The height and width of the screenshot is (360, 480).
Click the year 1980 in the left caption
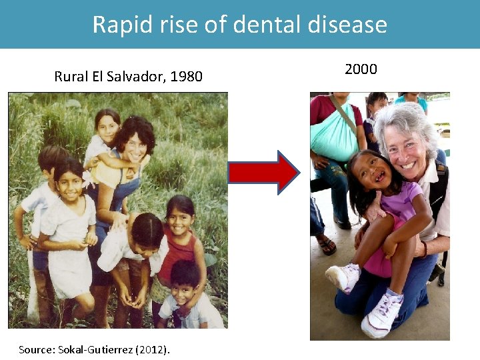point(186,76)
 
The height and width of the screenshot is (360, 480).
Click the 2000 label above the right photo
point(361,69)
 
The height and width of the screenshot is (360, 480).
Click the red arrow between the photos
point(263,172)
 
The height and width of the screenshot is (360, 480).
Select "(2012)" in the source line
point(155,349)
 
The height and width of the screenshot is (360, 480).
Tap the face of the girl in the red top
point(179,219)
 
